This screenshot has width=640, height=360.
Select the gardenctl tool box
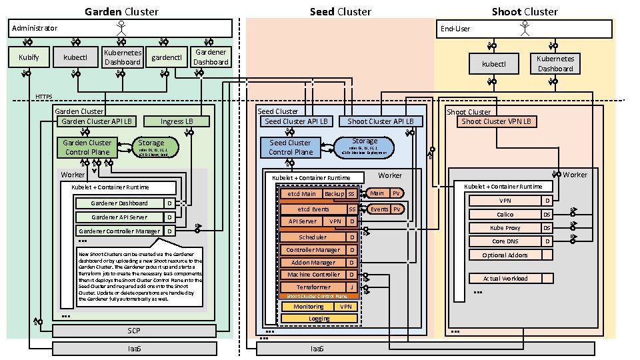(167, 57)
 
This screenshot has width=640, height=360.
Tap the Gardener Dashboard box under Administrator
(211, 57)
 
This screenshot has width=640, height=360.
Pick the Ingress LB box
(177, 121)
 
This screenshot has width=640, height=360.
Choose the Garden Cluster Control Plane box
(87, 147)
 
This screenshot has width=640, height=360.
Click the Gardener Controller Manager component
(119, 231)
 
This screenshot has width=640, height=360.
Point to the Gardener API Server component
(119, 217)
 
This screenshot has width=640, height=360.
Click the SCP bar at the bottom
(134, 331)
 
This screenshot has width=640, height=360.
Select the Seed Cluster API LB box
(296, 121)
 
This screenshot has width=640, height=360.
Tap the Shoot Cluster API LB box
(381, 121)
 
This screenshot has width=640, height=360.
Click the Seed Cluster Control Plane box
(291, 147)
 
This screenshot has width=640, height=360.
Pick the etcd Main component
(301, 193)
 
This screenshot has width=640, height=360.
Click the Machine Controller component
(312, 275)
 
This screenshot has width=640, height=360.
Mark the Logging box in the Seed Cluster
(319, 319)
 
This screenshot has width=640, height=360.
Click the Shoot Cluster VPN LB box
(498, 122)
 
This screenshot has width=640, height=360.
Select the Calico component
(505, 215)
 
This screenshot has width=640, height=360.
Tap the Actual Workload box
(505, 279)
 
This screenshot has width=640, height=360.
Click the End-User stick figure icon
(525, 29)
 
